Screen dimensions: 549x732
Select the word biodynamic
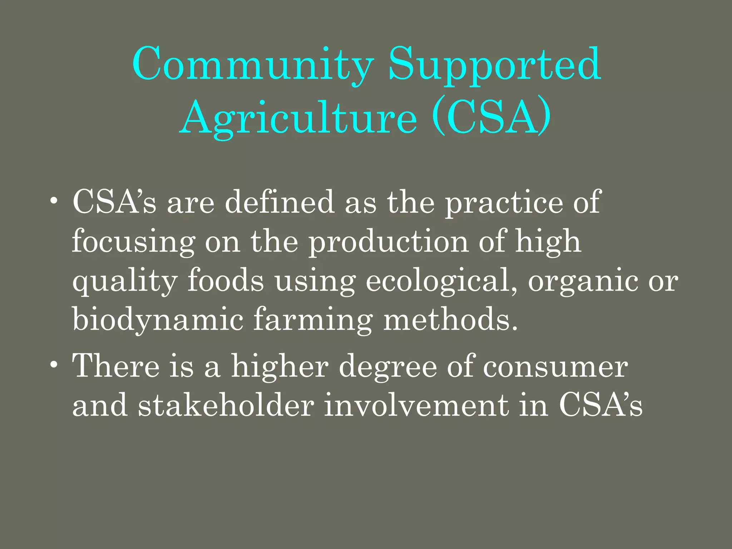click(158, 320)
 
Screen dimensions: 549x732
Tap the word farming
click(313, 320)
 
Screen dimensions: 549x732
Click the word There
click(116, 366)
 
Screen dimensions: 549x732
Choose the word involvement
click(416, 405)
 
